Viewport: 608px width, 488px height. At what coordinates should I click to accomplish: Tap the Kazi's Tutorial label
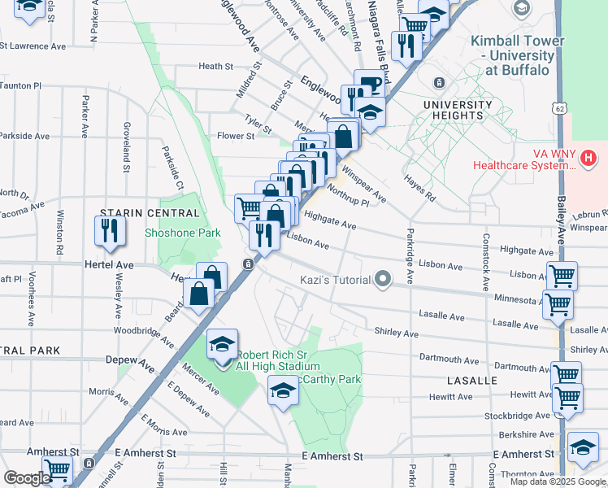333,280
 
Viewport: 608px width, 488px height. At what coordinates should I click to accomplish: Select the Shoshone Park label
172,233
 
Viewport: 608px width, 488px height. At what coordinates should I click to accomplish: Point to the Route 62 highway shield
558,107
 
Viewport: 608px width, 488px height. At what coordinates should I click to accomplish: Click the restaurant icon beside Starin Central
110,233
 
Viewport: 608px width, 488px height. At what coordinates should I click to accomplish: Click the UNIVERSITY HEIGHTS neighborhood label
458,111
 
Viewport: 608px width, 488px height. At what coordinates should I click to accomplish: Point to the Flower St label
235,136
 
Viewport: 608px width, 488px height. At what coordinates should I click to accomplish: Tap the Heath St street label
215,67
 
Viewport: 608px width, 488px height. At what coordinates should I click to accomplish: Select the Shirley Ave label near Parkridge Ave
396,333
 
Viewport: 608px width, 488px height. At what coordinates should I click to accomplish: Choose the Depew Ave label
131,359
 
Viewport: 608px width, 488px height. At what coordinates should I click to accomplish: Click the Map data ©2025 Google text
558,481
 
